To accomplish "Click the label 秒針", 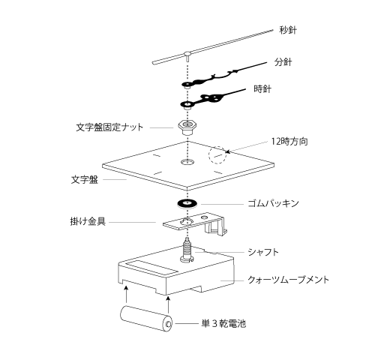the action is pyautogui.click(x=288, y=30).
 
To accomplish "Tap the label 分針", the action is pyautogui.click(x=283, y=62).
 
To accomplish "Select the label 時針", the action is pyautogui.click(x=262, y=89).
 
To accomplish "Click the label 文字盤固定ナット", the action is pyautogui.click(x=109, y=127).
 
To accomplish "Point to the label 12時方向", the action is pyautogui.click(x=289, y=142).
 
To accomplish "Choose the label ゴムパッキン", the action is pyautogui.click(x=273, y=203).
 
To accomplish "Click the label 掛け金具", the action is pyautogui.click(x=88, y=221).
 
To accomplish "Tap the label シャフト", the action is pyautogui.click(x=263, y=252).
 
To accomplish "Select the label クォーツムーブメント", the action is pyautogui.click(x=288, y=280).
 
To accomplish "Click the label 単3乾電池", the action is pyautogui.click(x=223, y=324).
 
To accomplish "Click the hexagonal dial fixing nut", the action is pyautogui.click(x=187, y=127).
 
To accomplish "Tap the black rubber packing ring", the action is pyautogui.click(x=187, y=203).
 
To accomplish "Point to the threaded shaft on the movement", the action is pyautogui.click(x=187, y=250).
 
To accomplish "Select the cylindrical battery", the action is pyautogui.click(x=147, y=318).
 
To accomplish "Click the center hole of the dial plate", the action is pyautogui.click(x=187, y=162).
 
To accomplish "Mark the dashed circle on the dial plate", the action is pyautogui.click(x=217, y=155).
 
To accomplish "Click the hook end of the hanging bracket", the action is pyautogui.click(x=215, y=227).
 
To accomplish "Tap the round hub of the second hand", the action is pyautogui.click(x=187, y=53).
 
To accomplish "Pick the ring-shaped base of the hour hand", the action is pyautogui.click(x=187, y=104).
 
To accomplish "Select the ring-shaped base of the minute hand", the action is pyautogui.click(x=187, y=84).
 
